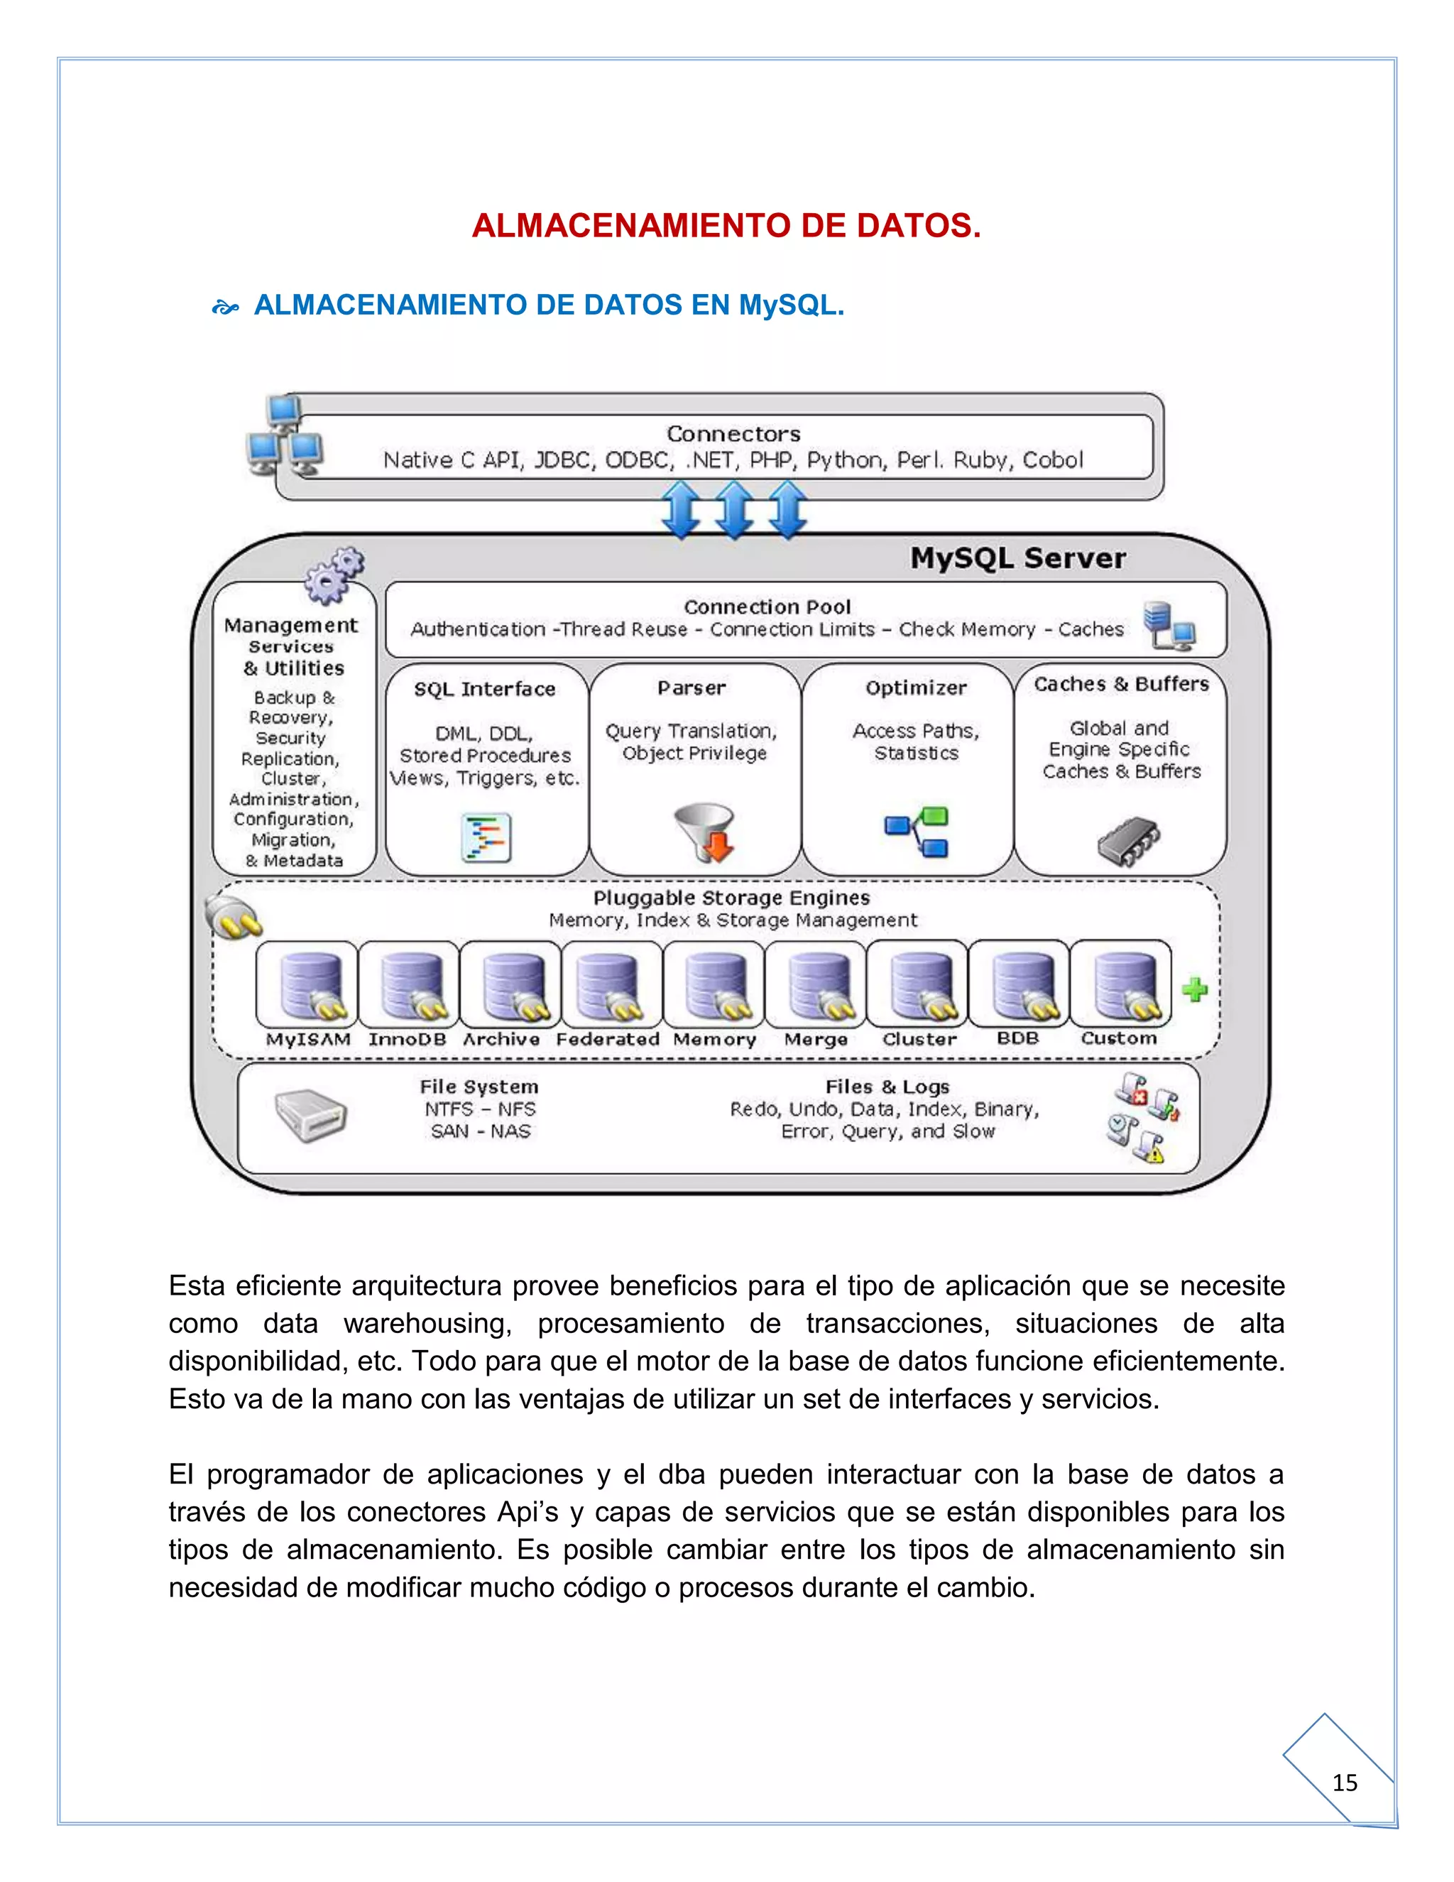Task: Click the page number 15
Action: click(x=1345, y=1782)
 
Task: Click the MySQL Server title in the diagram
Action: click(x=1017, y=558)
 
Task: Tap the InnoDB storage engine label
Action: click(x=408, y=1039)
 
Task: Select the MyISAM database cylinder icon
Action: click(x=308, y=985)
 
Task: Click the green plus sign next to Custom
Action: click(x=1195, y=989)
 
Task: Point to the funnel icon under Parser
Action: click(x=704, y=832)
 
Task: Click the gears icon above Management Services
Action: click(x=334, y=574)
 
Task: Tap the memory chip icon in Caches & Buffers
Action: click(x=1128, y=841)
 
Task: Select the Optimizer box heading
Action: click(x=916, y=687)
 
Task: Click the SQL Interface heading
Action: click(x=485, y=690)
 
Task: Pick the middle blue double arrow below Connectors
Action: click(x=734, y=510)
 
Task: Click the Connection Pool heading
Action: click(x=767, y=607)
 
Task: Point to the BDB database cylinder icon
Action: click(x=1021, y=985)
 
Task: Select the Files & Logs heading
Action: click(x=887, y=1087)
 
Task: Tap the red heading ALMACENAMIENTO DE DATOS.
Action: click(x=726, y=226)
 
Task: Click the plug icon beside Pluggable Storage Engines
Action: click(x=234, y=918)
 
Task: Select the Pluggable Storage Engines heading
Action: click(x=731, y=898)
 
